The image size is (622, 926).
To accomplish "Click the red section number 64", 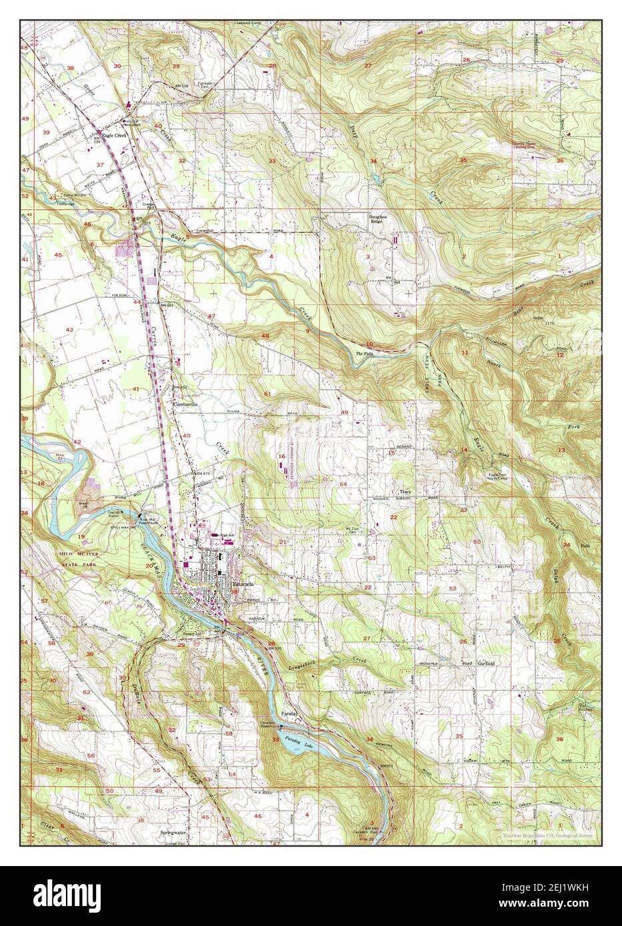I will [x=344, y=484].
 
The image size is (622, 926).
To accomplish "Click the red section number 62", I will [x=86, y=692].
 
